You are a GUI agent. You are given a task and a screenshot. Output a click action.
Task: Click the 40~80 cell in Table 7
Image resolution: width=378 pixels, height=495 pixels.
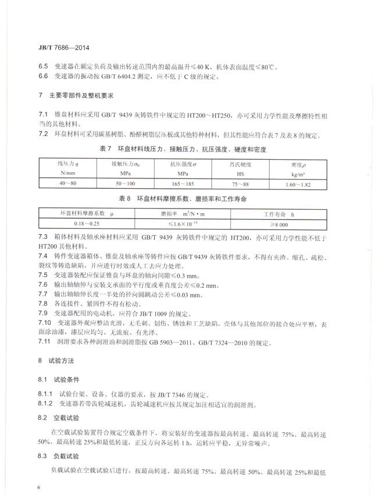click(x=69, y=184)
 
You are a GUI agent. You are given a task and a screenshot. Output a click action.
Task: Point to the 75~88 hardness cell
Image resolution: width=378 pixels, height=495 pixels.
click(x=240, y=184)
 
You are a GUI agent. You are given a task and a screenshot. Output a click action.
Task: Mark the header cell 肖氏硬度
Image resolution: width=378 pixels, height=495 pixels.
click(x=240, y=165)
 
